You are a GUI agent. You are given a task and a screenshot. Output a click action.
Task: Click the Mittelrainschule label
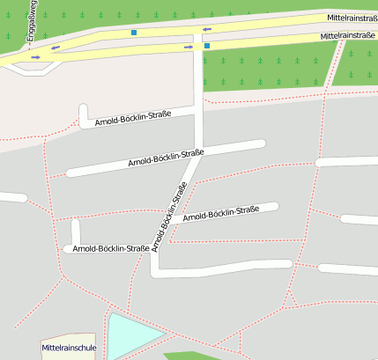(69, 348)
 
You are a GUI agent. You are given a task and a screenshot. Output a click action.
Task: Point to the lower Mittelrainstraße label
(348, 36)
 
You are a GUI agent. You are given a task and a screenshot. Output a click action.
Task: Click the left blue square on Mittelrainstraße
(134, 33)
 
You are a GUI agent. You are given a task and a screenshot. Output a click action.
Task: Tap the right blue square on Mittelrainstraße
(207, 46)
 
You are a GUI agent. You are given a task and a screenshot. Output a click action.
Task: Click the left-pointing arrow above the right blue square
(206, 29)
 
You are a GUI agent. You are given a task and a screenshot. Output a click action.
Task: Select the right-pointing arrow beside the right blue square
(189, 47)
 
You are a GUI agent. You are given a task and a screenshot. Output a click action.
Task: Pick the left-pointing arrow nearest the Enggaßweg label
(56, 47)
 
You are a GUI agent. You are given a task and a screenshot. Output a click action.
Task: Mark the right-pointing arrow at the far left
(35, 57)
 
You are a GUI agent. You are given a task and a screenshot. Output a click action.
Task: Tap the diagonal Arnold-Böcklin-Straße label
(168, 217)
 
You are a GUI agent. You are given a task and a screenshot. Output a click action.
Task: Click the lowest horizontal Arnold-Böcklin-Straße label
(111, 249)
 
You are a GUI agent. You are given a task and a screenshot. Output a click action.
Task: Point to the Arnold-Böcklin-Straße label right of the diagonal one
(221, 213)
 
